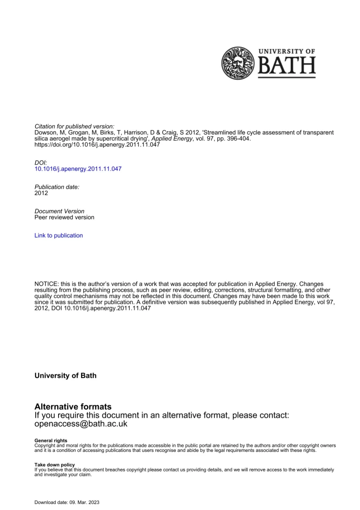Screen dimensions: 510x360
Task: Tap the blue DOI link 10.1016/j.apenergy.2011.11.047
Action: (x=78, y=168)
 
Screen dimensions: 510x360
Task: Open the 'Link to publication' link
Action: (x=59, y=236)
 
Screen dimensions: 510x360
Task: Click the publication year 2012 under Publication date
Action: (x=41, y=193)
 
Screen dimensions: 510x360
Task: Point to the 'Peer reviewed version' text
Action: (x=64, y=217)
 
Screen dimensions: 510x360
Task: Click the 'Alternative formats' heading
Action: (x=73, y=406)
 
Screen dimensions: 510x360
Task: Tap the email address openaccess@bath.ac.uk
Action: (x=81, y=424)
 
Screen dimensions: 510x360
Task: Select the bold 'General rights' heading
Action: (x=51, y=441)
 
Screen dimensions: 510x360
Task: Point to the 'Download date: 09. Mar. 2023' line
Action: (x=67, y=502)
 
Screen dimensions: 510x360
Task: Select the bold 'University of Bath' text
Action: (x=66, y=375)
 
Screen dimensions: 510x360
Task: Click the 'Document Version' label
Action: (x=60, y=211)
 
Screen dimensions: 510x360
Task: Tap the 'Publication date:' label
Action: (x=57, y=187)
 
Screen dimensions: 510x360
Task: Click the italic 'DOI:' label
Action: (x=41, y=162)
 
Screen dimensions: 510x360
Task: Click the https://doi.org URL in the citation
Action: (x=97, y=145)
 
